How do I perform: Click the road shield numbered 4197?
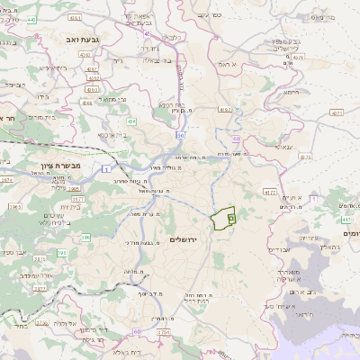pos(224,109)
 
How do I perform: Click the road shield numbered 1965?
pos(73,189)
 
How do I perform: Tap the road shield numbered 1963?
pos(14,206)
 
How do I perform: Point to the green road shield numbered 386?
pos(85,238)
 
